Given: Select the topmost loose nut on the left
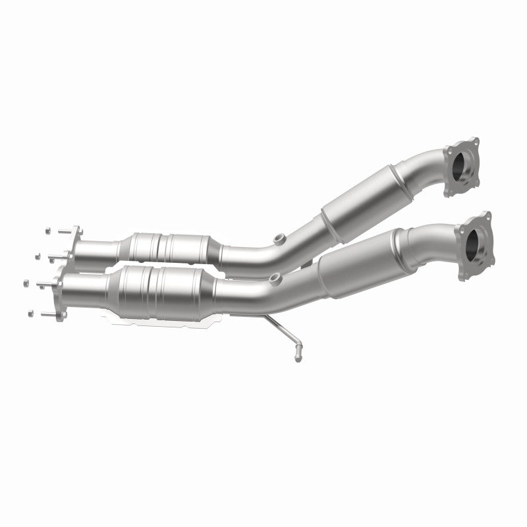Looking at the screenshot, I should point(48,231).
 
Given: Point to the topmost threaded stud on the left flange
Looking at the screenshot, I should point(62,231).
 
